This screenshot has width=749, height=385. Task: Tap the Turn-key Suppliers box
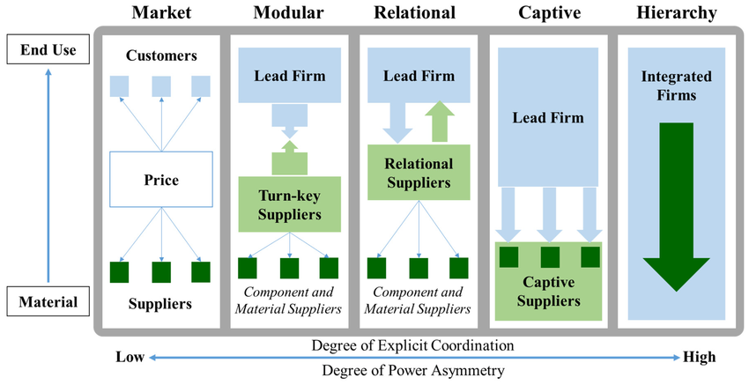coord(290,204)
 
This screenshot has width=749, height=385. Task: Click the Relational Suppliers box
coord(419,174)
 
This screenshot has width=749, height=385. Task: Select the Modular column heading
coord(290,13)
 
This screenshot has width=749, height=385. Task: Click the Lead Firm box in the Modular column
coord(290,76)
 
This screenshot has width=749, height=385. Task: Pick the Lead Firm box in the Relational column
coord(419,76)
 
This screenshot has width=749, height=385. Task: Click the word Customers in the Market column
coord(160,56)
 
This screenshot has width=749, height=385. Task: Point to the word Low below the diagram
coord(130,357)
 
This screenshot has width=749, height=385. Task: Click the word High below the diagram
coord(700,357)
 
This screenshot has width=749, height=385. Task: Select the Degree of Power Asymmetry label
coord(413,371)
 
